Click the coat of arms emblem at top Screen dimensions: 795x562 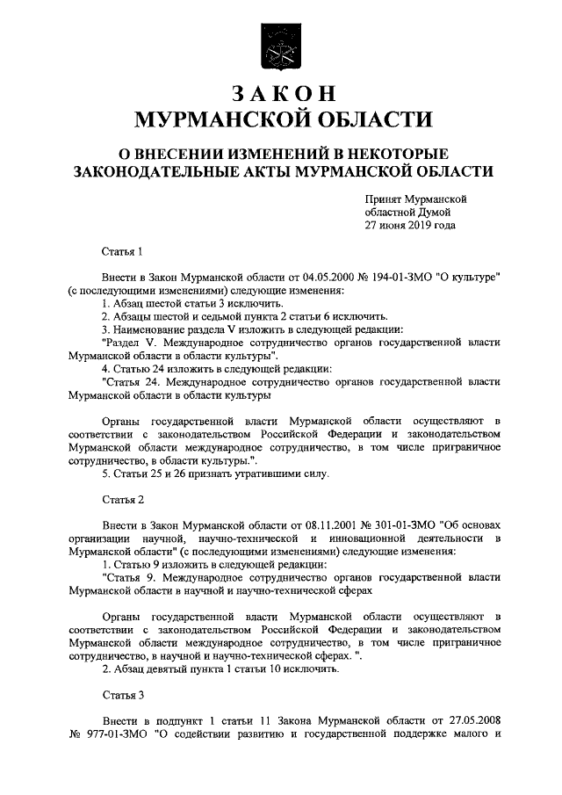point(283,44)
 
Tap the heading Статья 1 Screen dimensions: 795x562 point(122,252)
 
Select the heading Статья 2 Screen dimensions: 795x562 point(122,501)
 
